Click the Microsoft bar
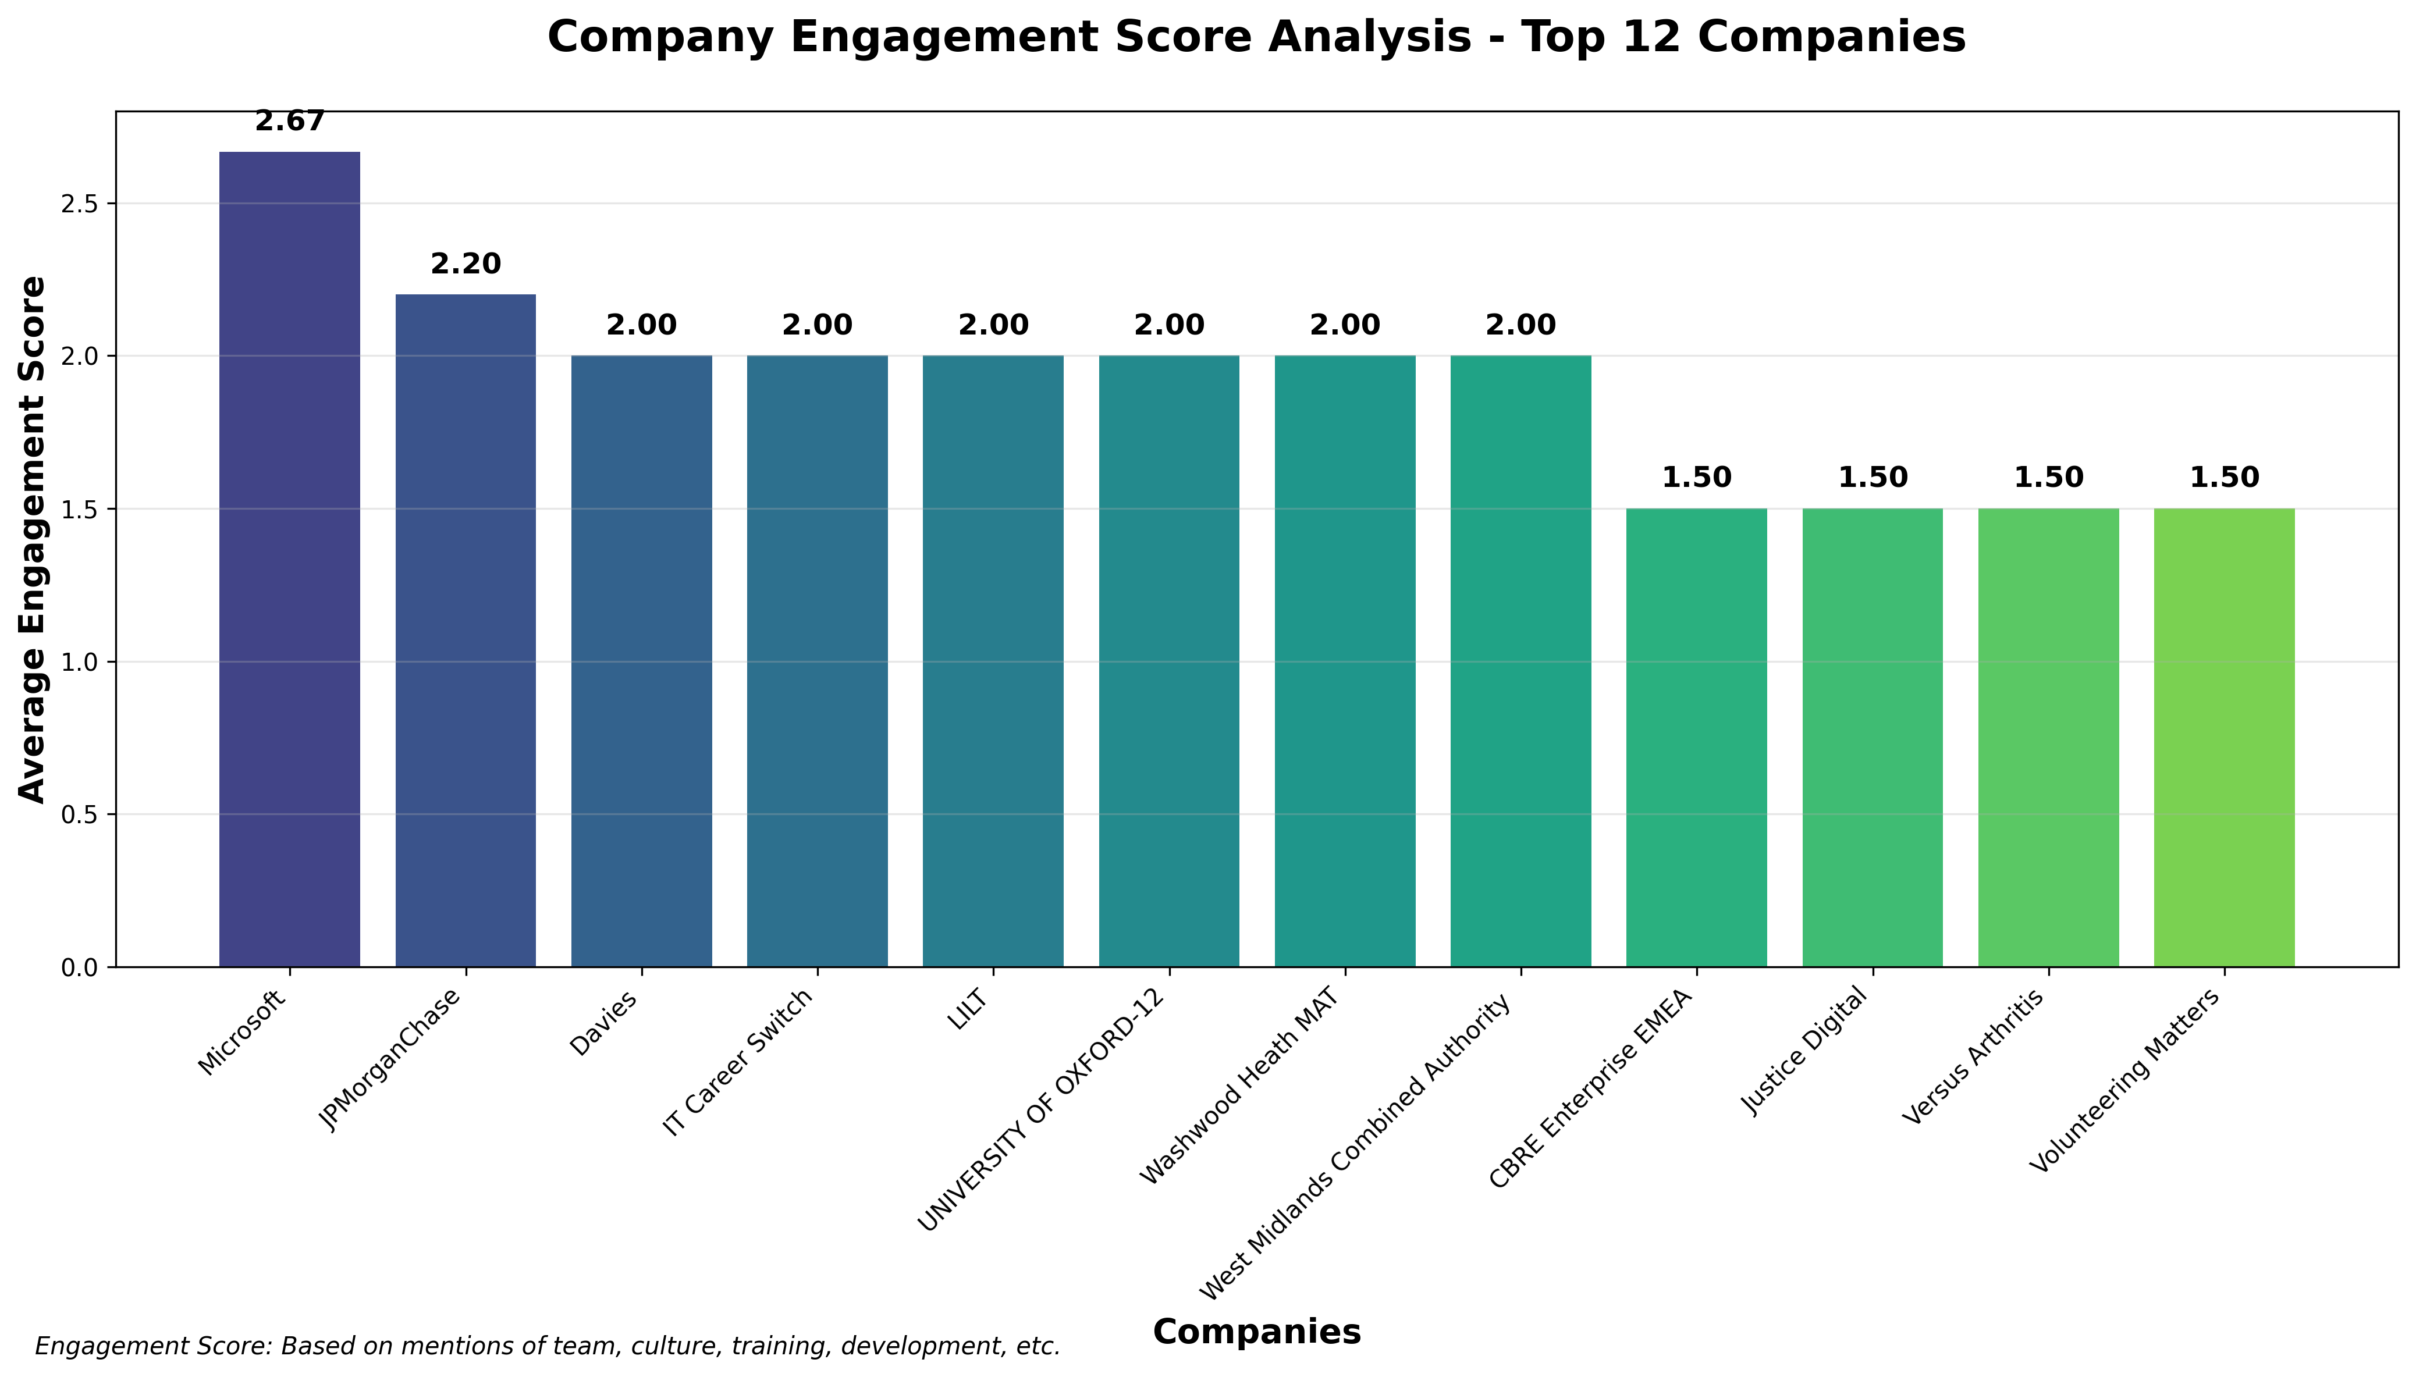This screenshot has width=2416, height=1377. tap(289, 558)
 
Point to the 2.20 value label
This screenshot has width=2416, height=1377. tap(466, 265)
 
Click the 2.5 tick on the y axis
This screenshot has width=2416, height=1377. tap(82, 204)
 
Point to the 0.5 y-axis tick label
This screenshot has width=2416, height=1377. tap(82, 815)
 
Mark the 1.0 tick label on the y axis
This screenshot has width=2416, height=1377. tap(82, 662)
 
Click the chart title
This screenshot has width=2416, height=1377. tap(1256, 38)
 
